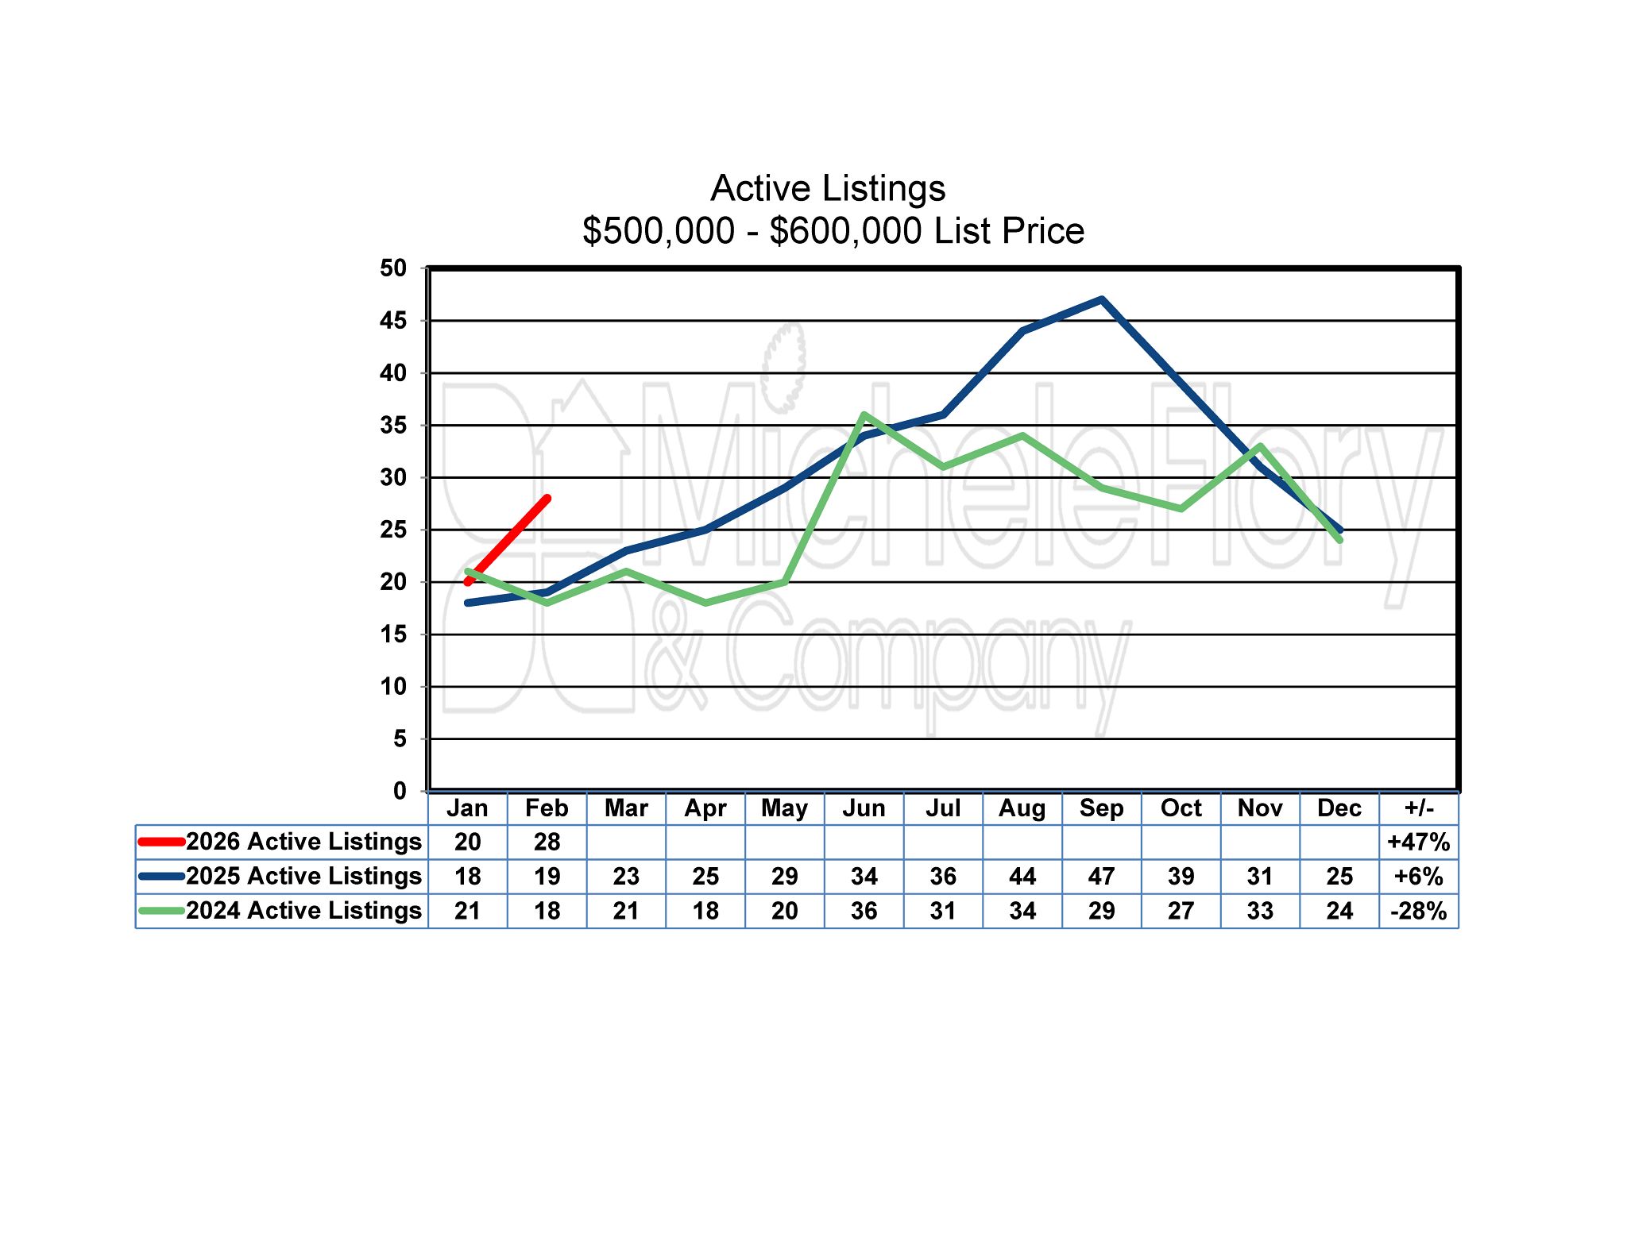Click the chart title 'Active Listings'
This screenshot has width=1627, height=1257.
(x=828, y=189)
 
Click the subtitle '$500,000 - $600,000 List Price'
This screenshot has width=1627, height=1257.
(x=833, y=231)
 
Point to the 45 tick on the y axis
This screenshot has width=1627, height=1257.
(x=393, y=321)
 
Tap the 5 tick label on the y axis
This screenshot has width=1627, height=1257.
(x=400, y=739)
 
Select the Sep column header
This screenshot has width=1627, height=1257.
(x=1101, y=808)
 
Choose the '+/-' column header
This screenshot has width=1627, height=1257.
(x=1419, y=808)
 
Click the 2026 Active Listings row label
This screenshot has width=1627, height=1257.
(x=303, y=842)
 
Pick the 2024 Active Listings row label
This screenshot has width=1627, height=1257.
(x=303, y=911)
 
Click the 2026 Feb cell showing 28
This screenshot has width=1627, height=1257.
(x=547, y=842)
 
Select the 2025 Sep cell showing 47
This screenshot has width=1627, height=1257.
(x=1101, y=877)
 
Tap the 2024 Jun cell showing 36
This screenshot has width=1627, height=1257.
(x=864, y=911)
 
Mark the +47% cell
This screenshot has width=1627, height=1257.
(x=1419, y=842)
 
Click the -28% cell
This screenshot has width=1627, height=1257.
(x=1419, y=911)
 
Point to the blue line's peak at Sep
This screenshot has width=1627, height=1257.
(x=1102, y=300)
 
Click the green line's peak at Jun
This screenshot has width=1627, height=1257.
(x=864, y=415)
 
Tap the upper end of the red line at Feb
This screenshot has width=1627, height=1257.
(x=547, y=499)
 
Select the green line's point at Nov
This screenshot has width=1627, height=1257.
(x=1261, y=446)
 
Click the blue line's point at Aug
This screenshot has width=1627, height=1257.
(x=1022, y=331)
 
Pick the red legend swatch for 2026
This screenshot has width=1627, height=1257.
(x=161, y=842)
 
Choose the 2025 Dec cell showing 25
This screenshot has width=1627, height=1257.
(x=1339, y=877)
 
